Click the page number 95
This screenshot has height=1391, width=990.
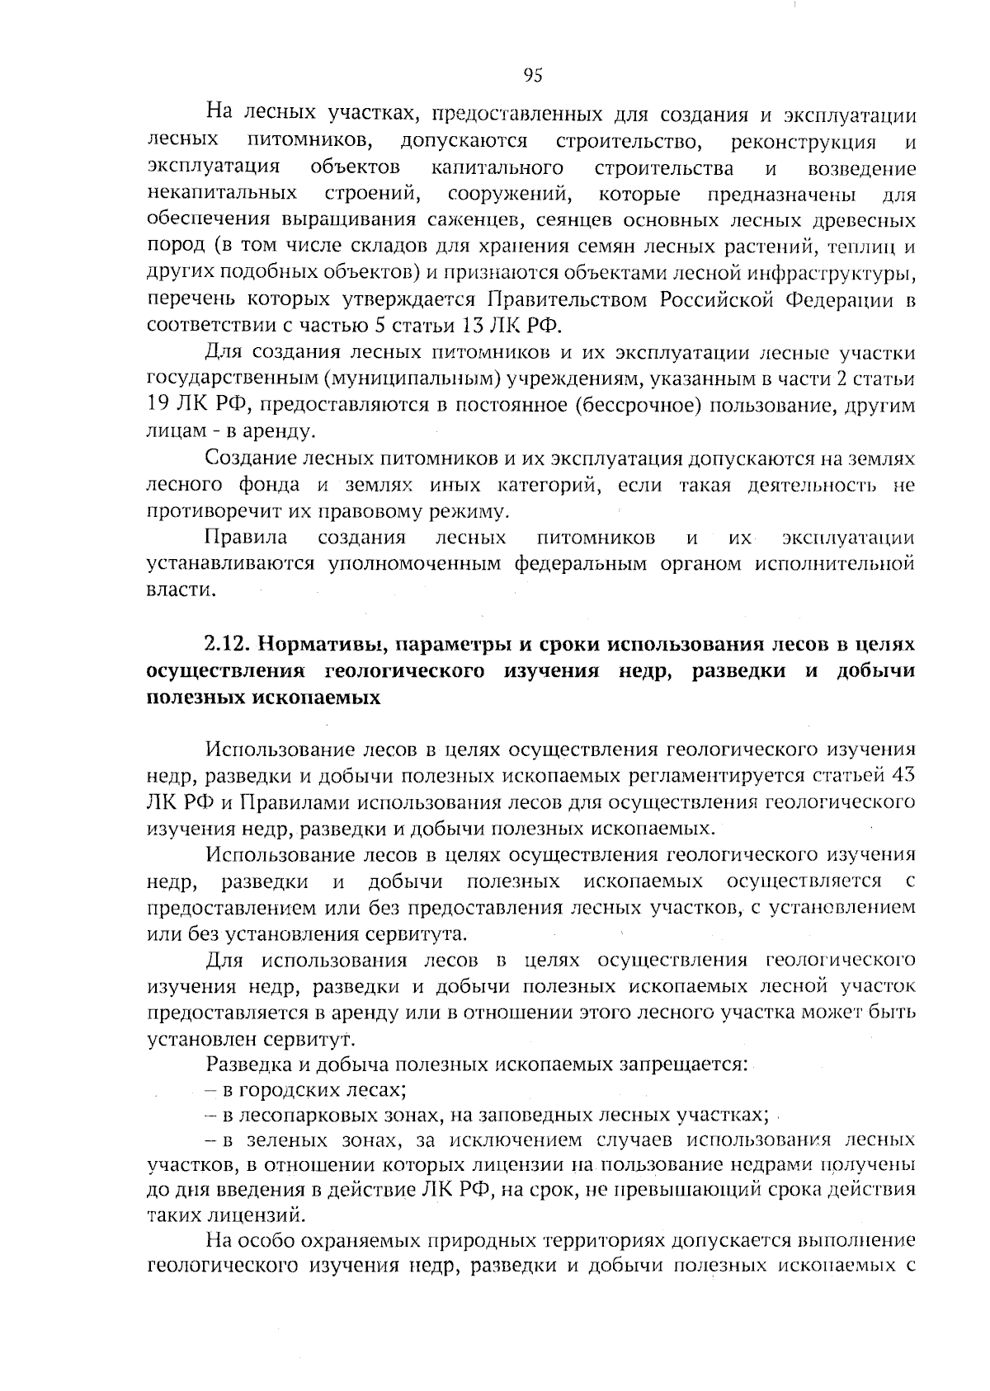coord(533,76)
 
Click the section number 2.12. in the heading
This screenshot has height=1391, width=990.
coord(227,643)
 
